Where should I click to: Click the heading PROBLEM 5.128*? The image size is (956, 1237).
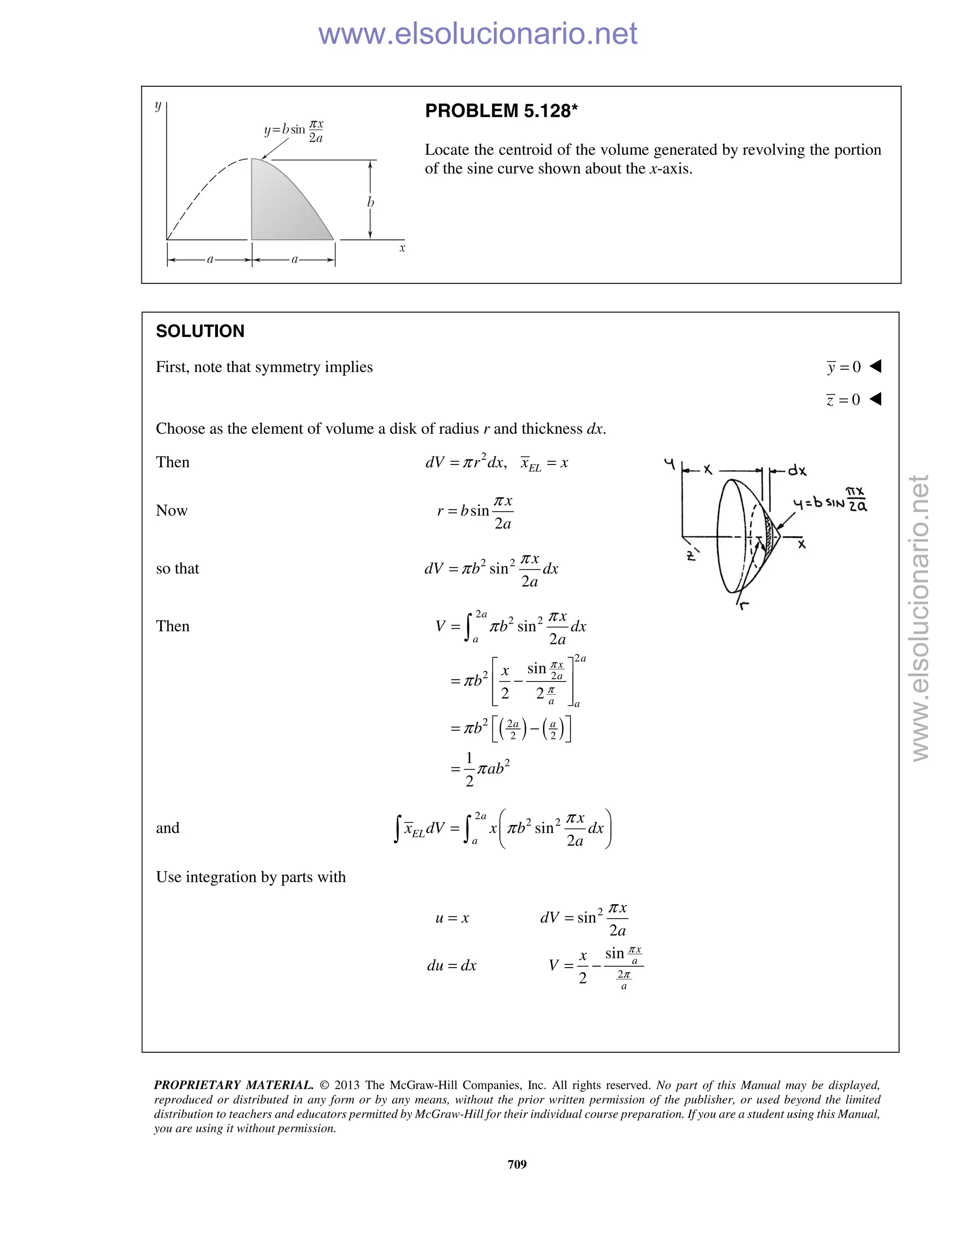501,111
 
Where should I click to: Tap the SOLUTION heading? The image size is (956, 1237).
200,331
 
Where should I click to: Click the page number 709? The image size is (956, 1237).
517,1164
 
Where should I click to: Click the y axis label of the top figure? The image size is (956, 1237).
158,106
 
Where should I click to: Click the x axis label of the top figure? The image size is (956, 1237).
402,248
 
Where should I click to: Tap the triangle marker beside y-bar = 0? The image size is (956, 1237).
875,366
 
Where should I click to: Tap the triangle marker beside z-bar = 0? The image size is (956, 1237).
875,399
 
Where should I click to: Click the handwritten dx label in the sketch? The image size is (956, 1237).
797,470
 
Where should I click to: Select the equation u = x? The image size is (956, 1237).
452,918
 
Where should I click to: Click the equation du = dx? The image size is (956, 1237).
451,966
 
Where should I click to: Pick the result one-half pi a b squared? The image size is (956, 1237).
481,769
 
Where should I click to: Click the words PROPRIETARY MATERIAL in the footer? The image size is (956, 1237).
233,1085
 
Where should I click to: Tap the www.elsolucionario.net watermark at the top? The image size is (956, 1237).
478,34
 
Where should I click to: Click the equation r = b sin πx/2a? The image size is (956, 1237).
475,512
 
